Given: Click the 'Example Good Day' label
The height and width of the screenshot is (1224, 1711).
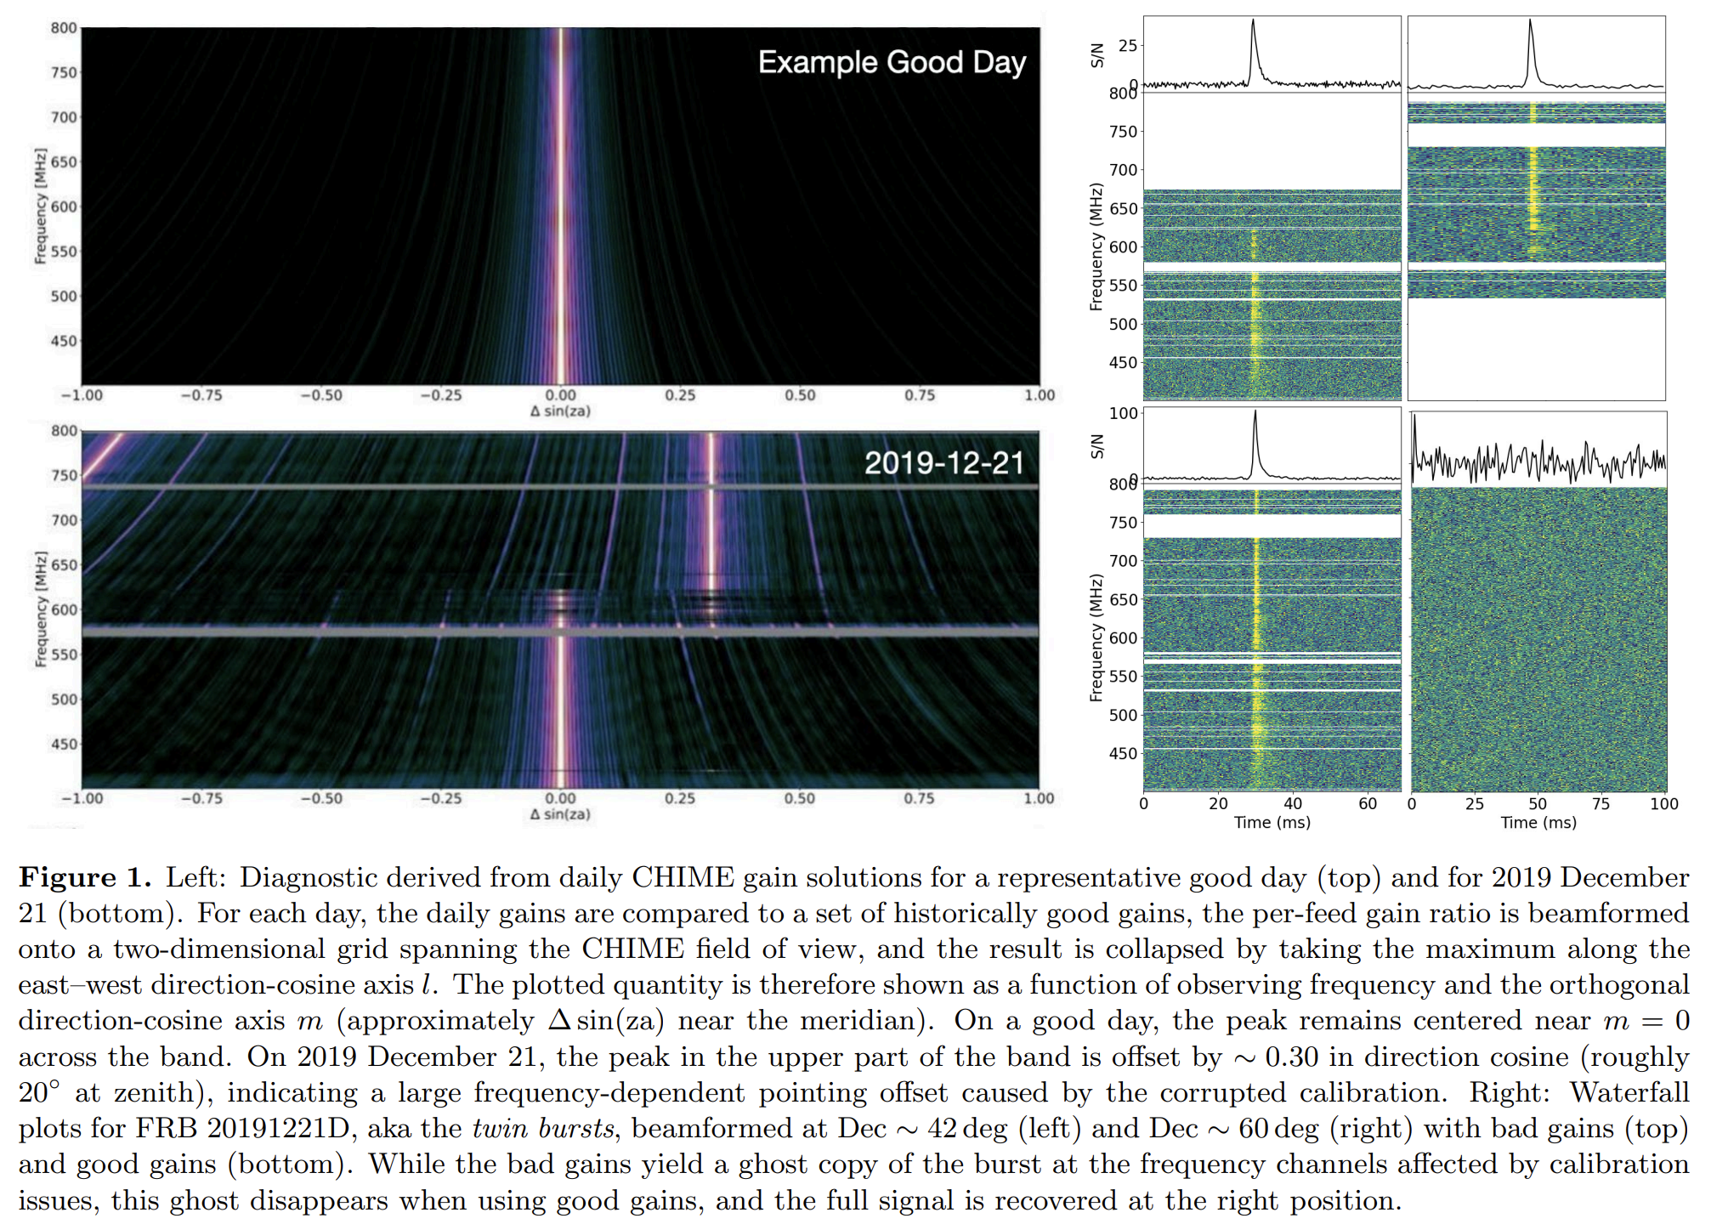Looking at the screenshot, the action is (x=892, y=63).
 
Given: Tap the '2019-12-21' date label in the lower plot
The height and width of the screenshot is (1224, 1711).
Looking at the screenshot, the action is (x=943, y=463).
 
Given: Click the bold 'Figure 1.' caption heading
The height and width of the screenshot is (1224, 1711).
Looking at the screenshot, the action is (x=85, y=877).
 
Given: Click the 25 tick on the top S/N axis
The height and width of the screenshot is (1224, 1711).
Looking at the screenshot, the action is (x=1128, y=45).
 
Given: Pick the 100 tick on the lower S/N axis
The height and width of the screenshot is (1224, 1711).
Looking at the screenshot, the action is (x=1124, y=413).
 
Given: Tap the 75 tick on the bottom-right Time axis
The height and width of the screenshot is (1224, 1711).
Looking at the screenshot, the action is (x=1601, y=804).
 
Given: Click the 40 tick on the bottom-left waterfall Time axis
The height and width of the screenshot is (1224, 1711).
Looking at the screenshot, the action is (x=1293, y=804).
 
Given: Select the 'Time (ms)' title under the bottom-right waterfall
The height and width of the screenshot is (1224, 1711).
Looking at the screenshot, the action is (x=1538, y=823).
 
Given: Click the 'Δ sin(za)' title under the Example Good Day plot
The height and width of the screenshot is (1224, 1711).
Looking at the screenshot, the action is (x=560, y=411).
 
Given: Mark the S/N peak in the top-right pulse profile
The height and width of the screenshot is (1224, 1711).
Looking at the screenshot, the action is (x=1530, y=20).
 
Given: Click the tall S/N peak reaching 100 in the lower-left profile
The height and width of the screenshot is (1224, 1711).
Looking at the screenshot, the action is (x=1255, y=412).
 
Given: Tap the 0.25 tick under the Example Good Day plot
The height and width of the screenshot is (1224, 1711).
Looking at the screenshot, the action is (x=680, y=395).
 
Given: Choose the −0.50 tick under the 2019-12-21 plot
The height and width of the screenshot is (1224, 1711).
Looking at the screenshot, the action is (x=321, y=799).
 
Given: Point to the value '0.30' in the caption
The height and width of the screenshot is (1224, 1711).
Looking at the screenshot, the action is (x=1292, y=1057).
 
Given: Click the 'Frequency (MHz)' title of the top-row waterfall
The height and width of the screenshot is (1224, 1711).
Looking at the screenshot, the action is (x=1096, y=246).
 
